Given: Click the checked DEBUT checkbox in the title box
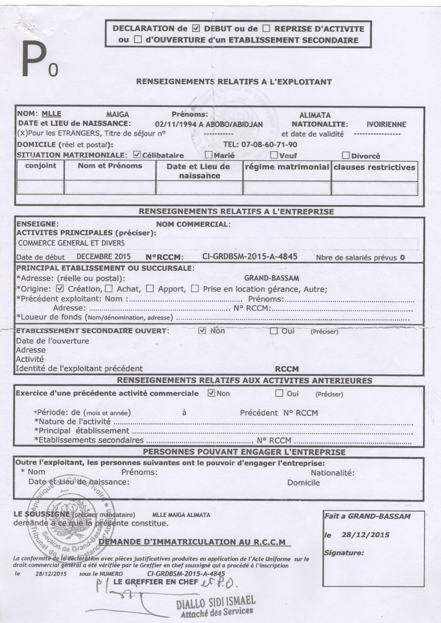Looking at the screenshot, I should [196, 28].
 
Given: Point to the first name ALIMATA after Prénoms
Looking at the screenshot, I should [315, 115].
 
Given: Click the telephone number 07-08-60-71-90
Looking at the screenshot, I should [269, 144].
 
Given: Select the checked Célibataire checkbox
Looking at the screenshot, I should [137, 155].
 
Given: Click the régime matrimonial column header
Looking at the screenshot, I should [287, 167].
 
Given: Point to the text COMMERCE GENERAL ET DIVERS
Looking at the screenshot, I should [72, 243].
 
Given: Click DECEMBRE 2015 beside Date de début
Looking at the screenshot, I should [104, 257].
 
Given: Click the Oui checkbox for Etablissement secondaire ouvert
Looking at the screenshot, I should [274, 331].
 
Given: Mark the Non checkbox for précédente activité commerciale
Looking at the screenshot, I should [211, 393].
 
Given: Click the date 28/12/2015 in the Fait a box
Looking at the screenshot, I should [365, 535].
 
